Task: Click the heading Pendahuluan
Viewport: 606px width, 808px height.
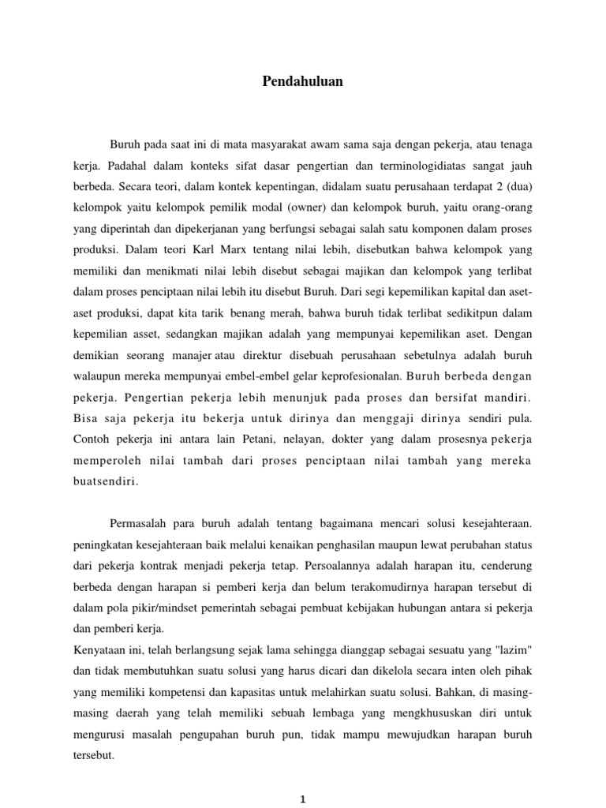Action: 303,81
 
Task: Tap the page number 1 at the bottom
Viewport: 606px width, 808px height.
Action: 303,799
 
